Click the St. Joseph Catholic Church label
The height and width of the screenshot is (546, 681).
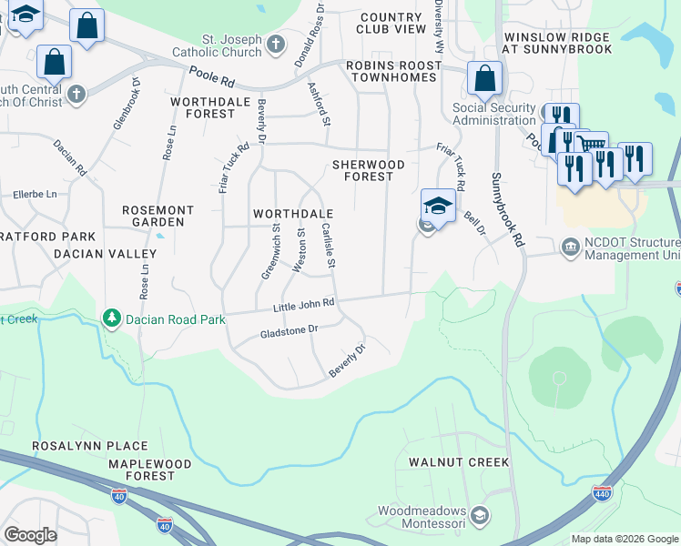230,45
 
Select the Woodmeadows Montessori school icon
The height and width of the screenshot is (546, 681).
480,516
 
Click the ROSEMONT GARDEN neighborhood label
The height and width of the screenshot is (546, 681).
158,215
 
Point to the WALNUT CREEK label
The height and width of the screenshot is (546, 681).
459,462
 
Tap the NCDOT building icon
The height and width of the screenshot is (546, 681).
570,247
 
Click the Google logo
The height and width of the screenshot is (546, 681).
30,535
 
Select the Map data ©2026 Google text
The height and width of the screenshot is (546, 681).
624,539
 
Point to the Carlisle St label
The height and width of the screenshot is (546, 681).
330,248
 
